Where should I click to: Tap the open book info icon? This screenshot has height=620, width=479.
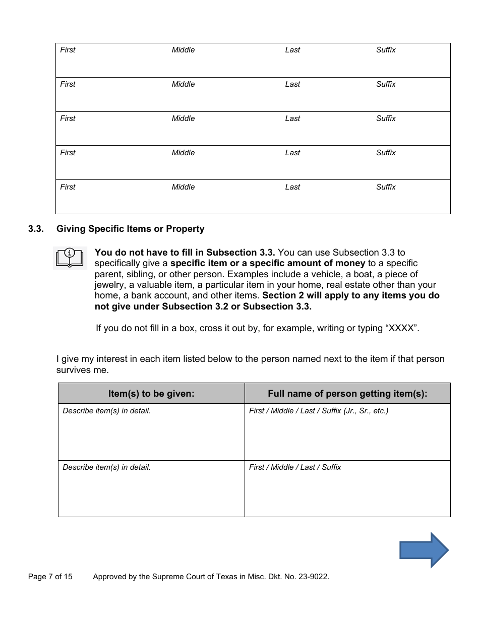click(70, 258)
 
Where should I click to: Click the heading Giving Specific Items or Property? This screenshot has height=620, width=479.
click(130, 229)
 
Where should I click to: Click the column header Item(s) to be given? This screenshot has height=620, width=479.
click(151, 394)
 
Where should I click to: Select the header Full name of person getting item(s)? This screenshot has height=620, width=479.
click(347, 394)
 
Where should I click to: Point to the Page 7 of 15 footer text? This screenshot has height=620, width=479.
click(50, 577)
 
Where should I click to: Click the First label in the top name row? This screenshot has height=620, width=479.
click(68, 50)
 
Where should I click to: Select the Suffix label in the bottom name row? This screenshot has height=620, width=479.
click(386, 187)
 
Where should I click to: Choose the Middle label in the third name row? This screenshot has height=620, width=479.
click(183, 118)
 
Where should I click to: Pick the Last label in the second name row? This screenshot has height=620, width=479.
click(292, 84)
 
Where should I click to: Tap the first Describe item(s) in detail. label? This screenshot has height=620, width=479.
click(106, 411)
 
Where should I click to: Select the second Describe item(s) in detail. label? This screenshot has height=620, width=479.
click(106, 467)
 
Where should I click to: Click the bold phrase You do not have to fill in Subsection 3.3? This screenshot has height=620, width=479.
click(185, 252)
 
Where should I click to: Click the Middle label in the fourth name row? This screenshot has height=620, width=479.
click(183, 153)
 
